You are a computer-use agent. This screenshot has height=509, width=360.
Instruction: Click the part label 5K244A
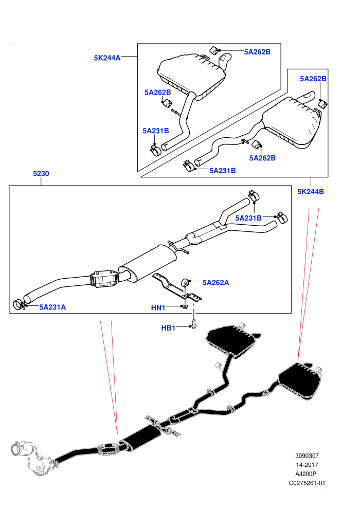pyautogui.click(x=107, y=58)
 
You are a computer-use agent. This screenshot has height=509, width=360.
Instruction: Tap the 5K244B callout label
pyautogui.click(x=311, y=192)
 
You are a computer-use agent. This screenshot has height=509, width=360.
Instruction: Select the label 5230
pyautogui.click(x=41, y=173)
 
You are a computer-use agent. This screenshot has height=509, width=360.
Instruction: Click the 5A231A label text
pyautogui.click(x=52, y=307)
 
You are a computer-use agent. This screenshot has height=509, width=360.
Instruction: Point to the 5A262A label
pyautogui.click(x=215, y=282)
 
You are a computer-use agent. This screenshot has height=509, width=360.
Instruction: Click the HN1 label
pyautogui.click(x=158, y=308)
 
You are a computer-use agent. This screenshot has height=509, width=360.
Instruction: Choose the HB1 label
pyautogui.click(x=168, y=328)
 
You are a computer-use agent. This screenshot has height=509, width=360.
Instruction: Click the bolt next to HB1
pyautogui.click(x=194, y=323)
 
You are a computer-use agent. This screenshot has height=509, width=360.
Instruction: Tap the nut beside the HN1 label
pyautogui.click(x=185, y=306)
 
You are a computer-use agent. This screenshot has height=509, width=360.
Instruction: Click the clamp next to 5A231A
pyautogui.click(x=19, y=305)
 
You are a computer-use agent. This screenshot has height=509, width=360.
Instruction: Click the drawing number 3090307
pyautogui.click(x=307, y=456)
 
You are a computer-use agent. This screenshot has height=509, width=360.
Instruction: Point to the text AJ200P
pyautogui.click(x=307, y=474)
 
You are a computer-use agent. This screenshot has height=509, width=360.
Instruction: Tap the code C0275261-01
pyautogui.click(x=307, y=483)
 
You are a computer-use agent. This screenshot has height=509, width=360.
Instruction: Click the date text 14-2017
pyautogui.click(x=307, y=465)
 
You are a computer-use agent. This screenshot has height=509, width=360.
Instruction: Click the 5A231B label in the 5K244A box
pyautogui.click(x=156, y=131)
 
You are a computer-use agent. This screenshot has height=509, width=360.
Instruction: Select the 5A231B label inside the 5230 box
pyautogui.click(x=248, y=218)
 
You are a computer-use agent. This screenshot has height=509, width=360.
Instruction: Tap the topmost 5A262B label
pyautogui.click(x=257, y=52)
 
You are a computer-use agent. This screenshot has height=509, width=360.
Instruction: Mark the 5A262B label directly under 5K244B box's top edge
pyautogui.click(x=313, y=79)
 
